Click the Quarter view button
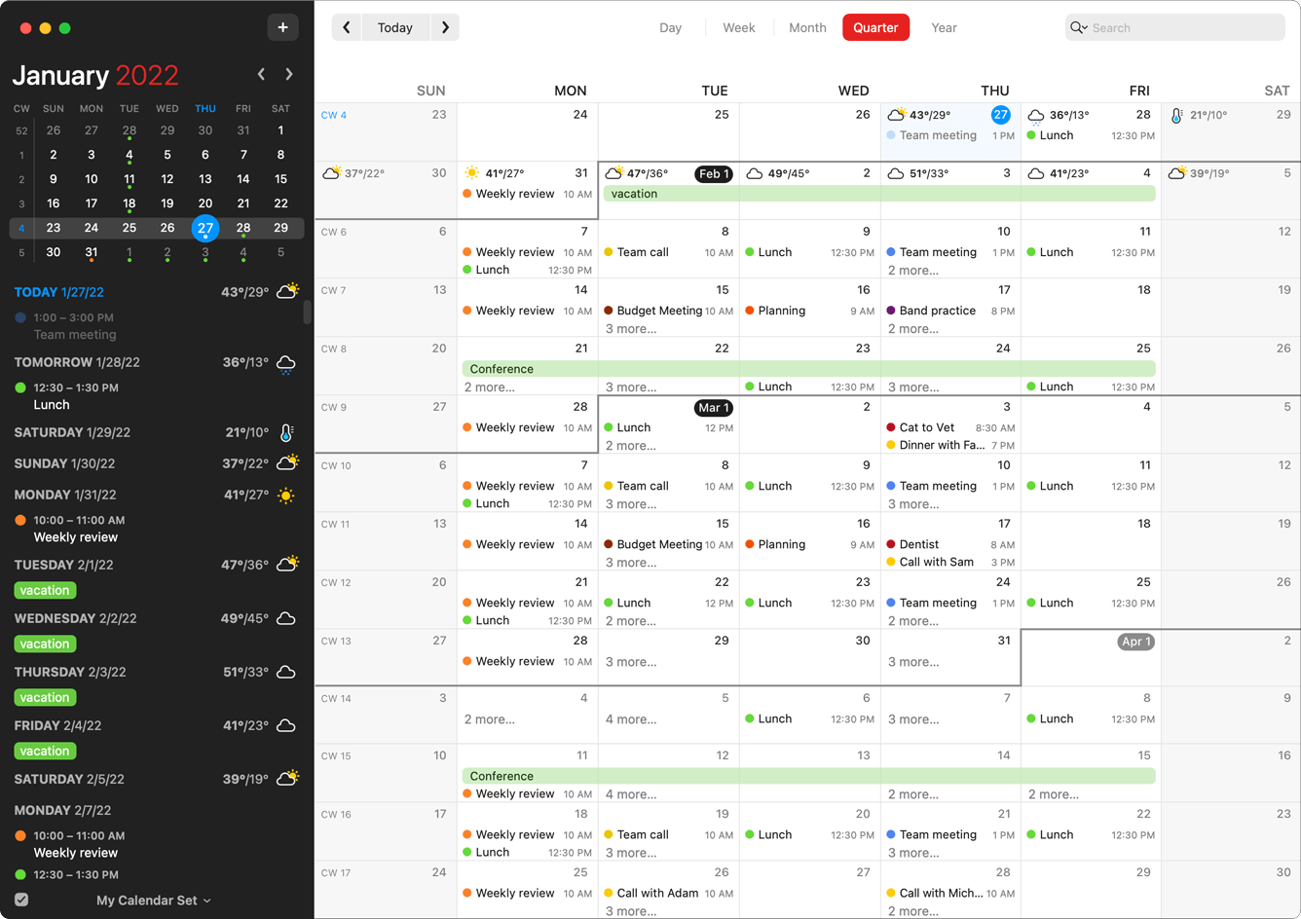pos(875,27)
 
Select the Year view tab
pos(944,27)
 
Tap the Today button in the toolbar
pos(394,27)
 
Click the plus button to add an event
pos(282,27)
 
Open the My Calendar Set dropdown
pos(154,901)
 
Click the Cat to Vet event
pos(927,427)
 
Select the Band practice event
pos(937,311)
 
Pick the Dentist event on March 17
pos(919,544)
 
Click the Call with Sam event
pos(936,562)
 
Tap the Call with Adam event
pos(657,893)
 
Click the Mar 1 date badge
pos(714,408)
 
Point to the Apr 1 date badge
pos(1136,642)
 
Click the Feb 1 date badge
pos(714,174)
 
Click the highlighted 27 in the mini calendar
pos(204,228)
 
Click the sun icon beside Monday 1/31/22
pos(286,496)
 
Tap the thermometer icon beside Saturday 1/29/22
pos(286,433)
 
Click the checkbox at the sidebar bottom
pos(21,900)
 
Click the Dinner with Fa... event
pos(942,445)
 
